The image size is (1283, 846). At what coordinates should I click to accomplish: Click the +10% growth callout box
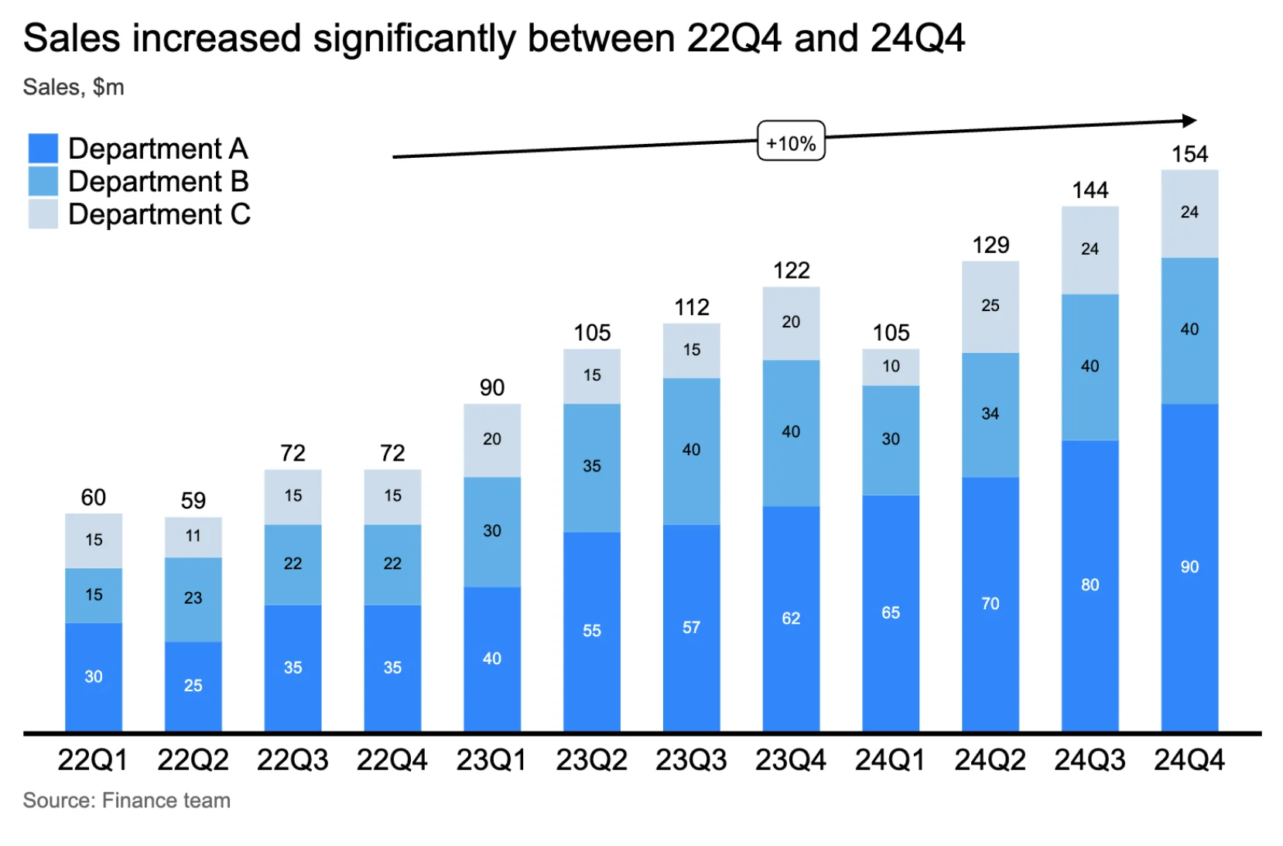tap(790, 142)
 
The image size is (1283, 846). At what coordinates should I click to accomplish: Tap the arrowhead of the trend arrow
tap(1190, 121)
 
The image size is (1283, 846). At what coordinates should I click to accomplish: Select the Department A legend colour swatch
tap(43, 148)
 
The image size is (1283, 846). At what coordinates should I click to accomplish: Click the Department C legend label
tap(159, 214)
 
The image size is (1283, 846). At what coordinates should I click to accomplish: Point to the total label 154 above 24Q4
tap(1189, 154)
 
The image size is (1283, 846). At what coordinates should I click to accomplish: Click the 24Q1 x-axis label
tap(890, 760)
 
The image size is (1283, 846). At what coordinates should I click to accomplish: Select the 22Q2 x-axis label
tap(193, 760)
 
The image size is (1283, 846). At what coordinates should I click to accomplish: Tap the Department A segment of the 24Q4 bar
tap(1189, 567)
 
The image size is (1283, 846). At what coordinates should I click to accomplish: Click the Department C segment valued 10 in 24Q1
tap(891, 367)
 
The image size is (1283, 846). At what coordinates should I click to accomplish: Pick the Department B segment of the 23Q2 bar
tap(592, 467)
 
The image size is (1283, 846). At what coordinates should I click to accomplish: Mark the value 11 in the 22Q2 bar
tap(193, 536)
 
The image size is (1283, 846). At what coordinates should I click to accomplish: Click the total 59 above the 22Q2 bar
tap(193, 501)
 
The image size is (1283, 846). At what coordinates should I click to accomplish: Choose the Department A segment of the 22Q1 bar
tap(94, 676)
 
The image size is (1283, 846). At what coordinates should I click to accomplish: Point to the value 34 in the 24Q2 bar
tap(990, 414)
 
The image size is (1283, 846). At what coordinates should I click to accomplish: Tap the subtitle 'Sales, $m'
tap(74, 87)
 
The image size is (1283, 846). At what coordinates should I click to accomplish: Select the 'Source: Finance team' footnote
tap(127, 800)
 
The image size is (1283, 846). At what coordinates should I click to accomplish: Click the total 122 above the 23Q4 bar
tap(791, 270)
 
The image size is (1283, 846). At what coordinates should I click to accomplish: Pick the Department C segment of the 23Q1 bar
tap(492, 440)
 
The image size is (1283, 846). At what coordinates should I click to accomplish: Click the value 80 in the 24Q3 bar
tap(1090, 585)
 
